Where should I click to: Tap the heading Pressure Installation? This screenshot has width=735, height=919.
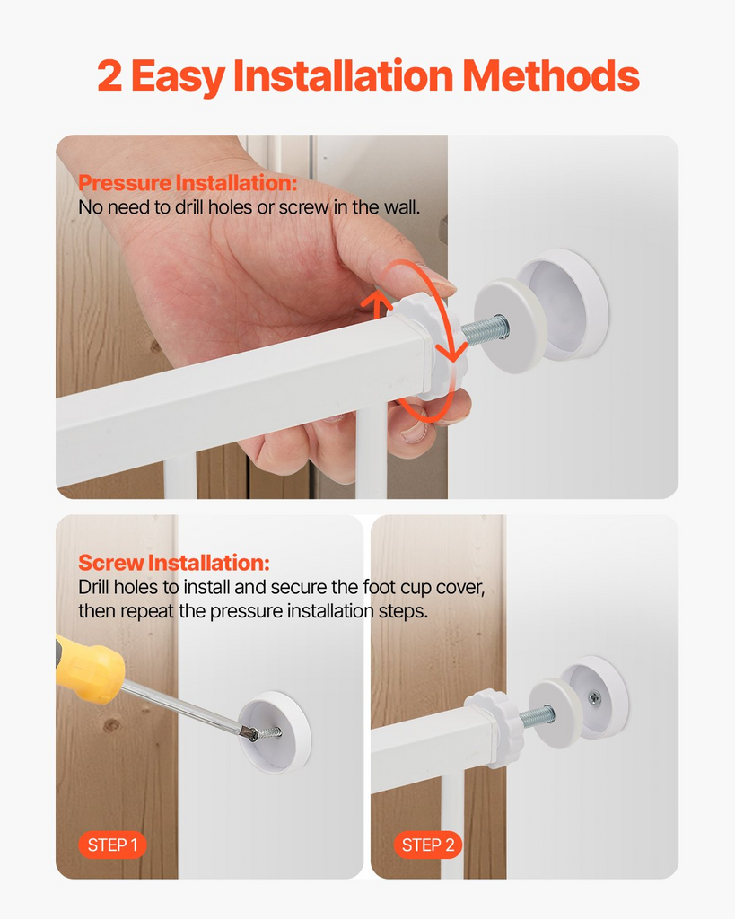point(187,184)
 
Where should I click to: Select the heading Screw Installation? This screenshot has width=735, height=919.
point(173,564)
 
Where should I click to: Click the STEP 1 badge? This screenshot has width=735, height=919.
point(112,845)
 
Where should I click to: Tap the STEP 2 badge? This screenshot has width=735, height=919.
point(428,845)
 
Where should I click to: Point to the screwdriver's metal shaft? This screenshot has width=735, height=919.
point(184,705)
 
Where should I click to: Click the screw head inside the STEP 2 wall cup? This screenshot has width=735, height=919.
point(595,696)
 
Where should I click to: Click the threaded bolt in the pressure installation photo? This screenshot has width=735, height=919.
point(486,329)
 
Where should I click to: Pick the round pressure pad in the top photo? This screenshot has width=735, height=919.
point(509,326)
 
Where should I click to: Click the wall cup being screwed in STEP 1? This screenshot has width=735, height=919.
point(276,731)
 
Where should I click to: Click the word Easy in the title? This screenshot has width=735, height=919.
point(178,77)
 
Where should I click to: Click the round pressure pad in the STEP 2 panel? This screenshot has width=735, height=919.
point(553,713)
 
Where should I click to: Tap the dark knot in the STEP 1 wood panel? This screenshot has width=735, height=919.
point(112,723)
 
